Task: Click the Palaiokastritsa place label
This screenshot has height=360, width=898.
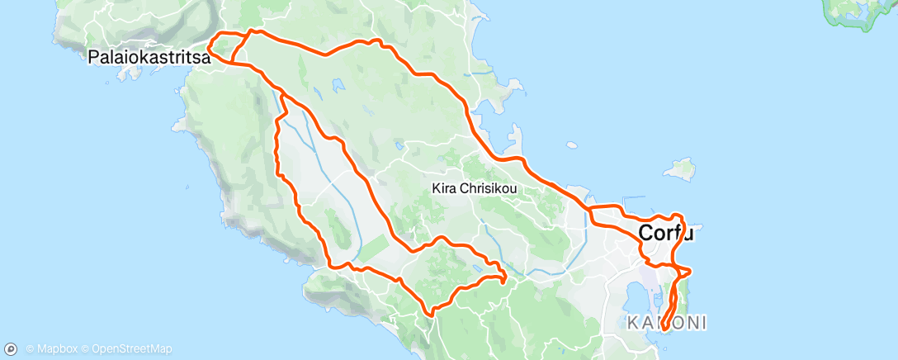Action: tap(148, 58)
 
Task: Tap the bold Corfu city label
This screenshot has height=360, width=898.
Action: tap(665, 234)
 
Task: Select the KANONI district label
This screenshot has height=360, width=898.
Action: tap(666, 322)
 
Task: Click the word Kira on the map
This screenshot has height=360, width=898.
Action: tap(443, 188)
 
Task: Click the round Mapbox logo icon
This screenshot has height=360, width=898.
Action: tap(12, 348)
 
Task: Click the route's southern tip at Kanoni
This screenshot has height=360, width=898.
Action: tap(664, 333)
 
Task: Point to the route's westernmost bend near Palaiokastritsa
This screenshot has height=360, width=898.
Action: tap(209, 51)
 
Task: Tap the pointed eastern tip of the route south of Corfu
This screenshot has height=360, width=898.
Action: tap(690, 271)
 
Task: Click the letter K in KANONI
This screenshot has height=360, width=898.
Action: tap(631, 322)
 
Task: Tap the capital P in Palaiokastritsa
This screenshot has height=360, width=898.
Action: tap(94, 58)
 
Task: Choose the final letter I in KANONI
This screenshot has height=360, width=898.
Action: tap(702, 322)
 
